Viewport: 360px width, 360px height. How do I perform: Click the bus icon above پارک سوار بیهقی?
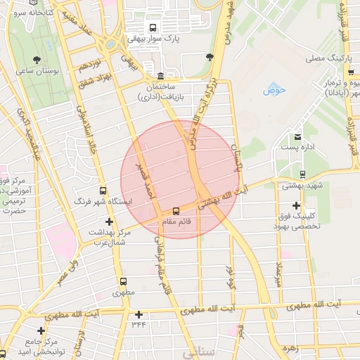(x=153, y=28)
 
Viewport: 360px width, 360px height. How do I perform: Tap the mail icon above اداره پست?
(x=299, y=136)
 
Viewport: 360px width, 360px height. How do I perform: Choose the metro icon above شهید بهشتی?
(x=302, y=174)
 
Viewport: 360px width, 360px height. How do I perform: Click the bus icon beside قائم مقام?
(x=176, y=210)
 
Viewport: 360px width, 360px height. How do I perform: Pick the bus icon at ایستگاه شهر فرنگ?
(x=103, y=191)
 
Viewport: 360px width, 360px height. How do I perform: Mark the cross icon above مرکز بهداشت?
(x=109, y=221)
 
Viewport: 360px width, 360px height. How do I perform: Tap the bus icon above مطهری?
(x=123, y=281)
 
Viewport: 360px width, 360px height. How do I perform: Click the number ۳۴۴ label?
(x=138, y=325)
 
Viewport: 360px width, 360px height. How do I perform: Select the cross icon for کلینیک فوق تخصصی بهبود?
(x=296, y=205)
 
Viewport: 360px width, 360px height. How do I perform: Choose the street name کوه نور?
(x=229, y=279)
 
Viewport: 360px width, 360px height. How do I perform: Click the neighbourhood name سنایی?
(x=197, y=354)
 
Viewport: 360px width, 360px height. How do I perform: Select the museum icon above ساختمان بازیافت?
(x=161, y=75)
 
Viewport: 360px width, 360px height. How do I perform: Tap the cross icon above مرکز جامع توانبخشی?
(x=41, y=330)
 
